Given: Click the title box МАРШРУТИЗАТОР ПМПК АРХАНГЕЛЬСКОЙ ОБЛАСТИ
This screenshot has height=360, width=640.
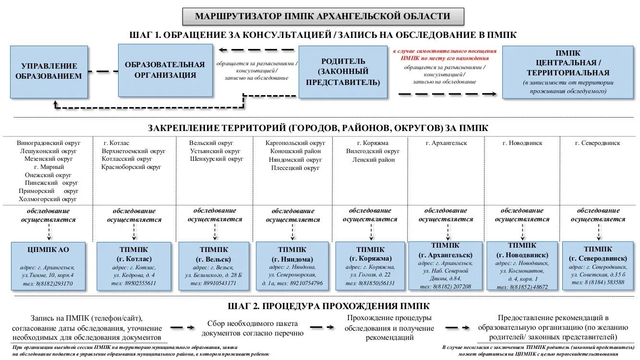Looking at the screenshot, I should coord(323,16).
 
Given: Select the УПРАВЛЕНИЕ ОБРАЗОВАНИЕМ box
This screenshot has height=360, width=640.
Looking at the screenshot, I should coord(48,71).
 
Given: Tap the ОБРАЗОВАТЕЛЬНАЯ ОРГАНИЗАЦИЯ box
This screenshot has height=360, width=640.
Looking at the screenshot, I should coord(165,70).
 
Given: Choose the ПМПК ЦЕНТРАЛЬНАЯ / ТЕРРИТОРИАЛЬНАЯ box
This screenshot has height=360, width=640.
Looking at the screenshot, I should coord(568,72).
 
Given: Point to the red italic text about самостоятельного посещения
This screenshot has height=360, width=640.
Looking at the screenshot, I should coord(444,54).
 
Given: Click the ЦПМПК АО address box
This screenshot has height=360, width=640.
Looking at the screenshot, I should coord(48,267).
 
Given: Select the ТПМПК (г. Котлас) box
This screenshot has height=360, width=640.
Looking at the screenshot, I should coord(133,267).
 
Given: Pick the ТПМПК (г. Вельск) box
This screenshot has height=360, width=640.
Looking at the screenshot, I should coord(214,266).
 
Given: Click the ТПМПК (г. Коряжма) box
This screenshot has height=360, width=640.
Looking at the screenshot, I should coord(370,267).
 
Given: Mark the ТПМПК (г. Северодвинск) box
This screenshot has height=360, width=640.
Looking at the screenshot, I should coord(598,266).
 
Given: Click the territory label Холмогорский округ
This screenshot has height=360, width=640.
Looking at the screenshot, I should coord(48,199).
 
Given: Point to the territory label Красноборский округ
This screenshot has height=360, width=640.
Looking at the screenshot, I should coord(132,167).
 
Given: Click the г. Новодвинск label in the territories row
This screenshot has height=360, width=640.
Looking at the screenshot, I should coord(522,143).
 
